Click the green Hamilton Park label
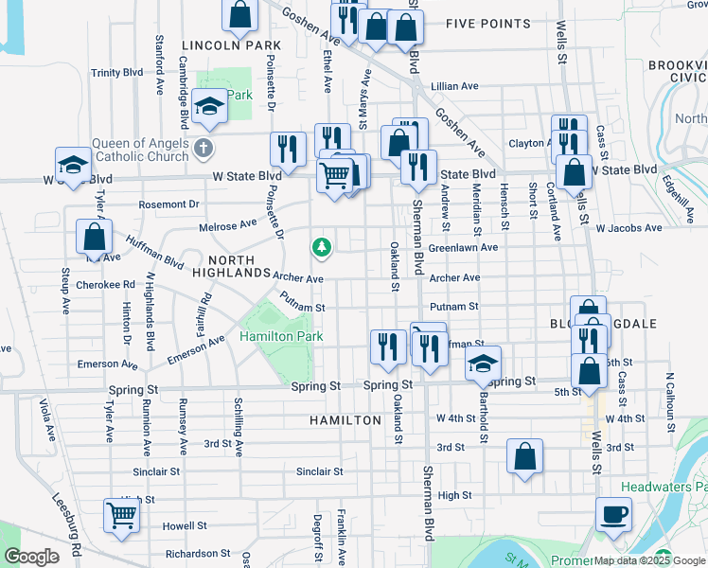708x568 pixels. pos(281,336)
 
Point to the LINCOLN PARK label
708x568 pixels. pos(232,44)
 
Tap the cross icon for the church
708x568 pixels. pos(203,149)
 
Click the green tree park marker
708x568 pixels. pos(323,247)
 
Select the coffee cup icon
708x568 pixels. pos(613,516)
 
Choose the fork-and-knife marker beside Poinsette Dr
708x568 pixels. pos(288,150)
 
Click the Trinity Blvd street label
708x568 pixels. pos(116,72)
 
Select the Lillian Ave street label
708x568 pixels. pos(454,86)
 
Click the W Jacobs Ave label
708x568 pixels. pos(628,228)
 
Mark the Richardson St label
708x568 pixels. pos(199,553)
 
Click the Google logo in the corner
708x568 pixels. pos(31,557)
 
